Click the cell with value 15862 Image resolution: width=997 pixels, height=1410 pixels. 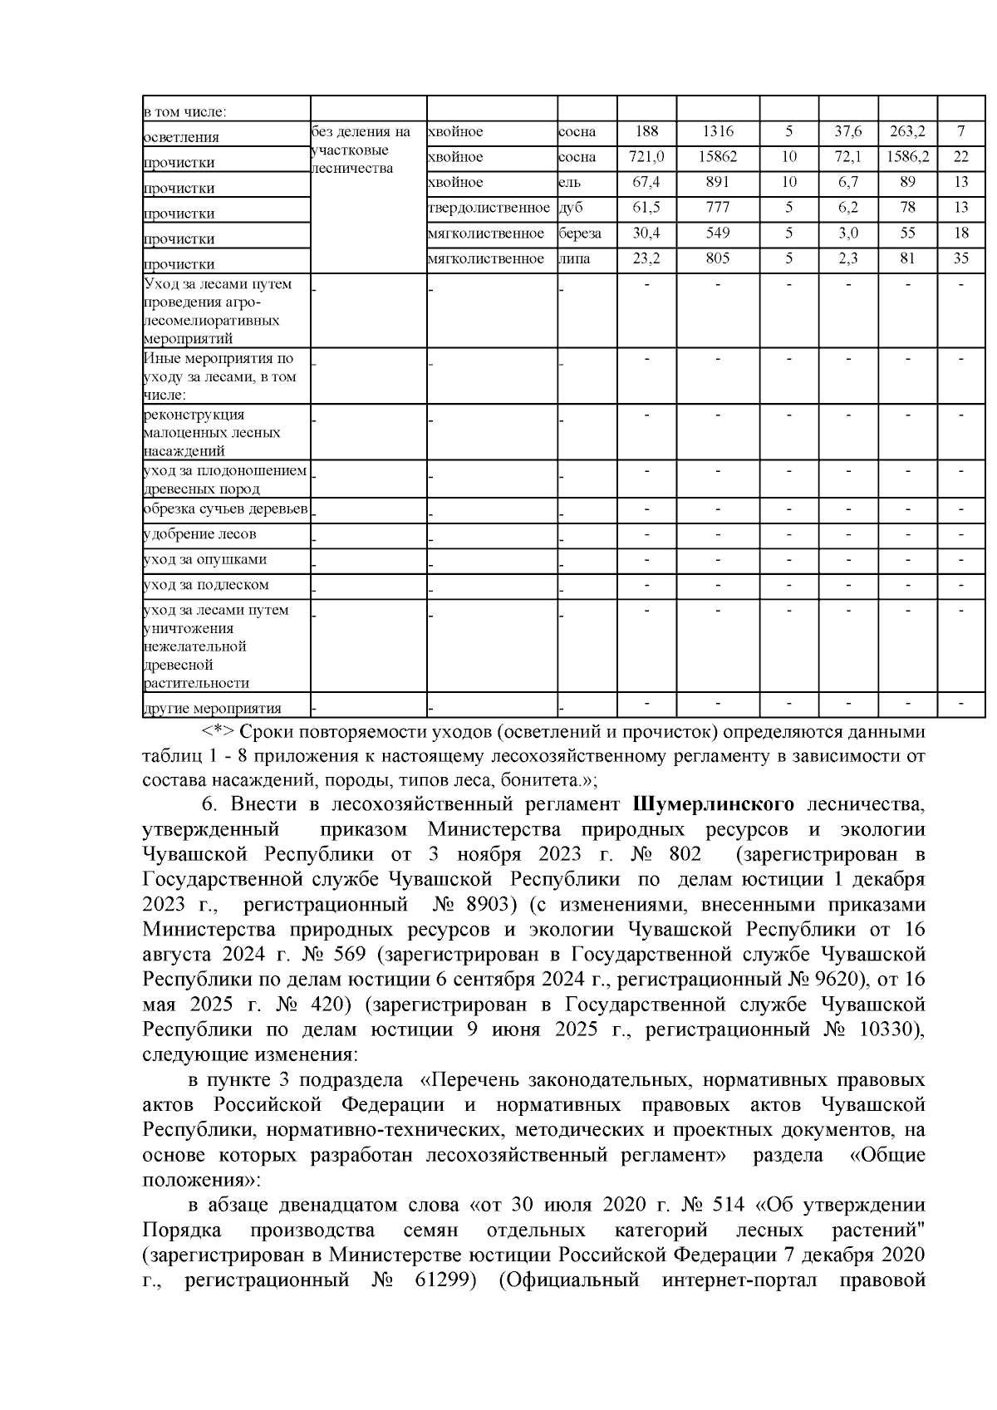[x=717, y=156]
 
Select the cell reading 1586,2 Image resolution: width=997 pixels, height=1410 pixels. [x=907, y=156]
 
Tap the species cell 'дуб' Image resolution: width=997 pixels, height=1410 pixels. [x=572, y=207]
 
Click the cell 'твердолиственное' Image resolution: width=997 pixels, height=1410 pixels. [x=489, y=207]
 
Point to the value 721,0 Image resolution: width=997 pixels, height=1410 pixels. [x=646, y=156]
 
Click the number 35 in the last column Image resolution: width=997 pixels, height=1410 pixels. [x=960, y=258]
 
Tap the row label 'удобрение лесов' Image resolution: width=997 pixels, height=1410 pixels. [x=199, y=533]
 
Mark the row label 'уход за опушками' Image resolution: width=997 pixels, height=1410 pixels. [x=205, y=559]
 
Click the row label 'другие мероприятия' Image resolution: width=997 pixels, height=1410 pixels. [x=212, y=709]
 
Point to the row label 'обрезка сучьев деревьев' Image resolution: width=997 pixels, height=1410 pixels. [x=226, y=508]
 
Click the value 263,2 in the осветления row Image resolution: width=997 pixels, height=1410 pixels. [x=907, y=131]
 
